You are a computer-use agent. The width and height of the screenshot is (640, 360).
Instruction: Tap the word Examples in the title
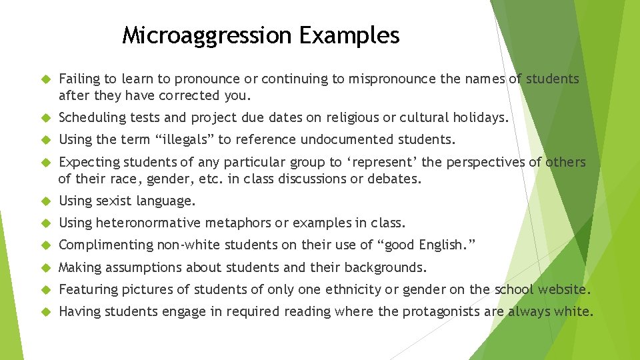[x=349, y=35]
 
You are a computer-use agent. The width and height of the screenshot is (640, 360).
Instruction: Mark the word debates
[x=397, y=179]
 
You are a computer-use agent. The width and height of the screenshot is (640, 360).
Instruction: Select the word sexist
[x=115, y=201]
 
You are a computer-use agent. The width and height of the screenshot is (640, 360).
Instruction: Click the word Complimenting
[x=105, y=245]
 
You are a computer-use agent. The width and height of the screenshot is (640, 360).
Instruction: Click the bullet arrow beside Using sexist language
[x=46, y=201]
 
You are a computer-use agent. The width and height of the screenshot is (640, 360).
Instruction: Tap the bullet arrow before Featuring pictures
[x=46, y=289]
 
